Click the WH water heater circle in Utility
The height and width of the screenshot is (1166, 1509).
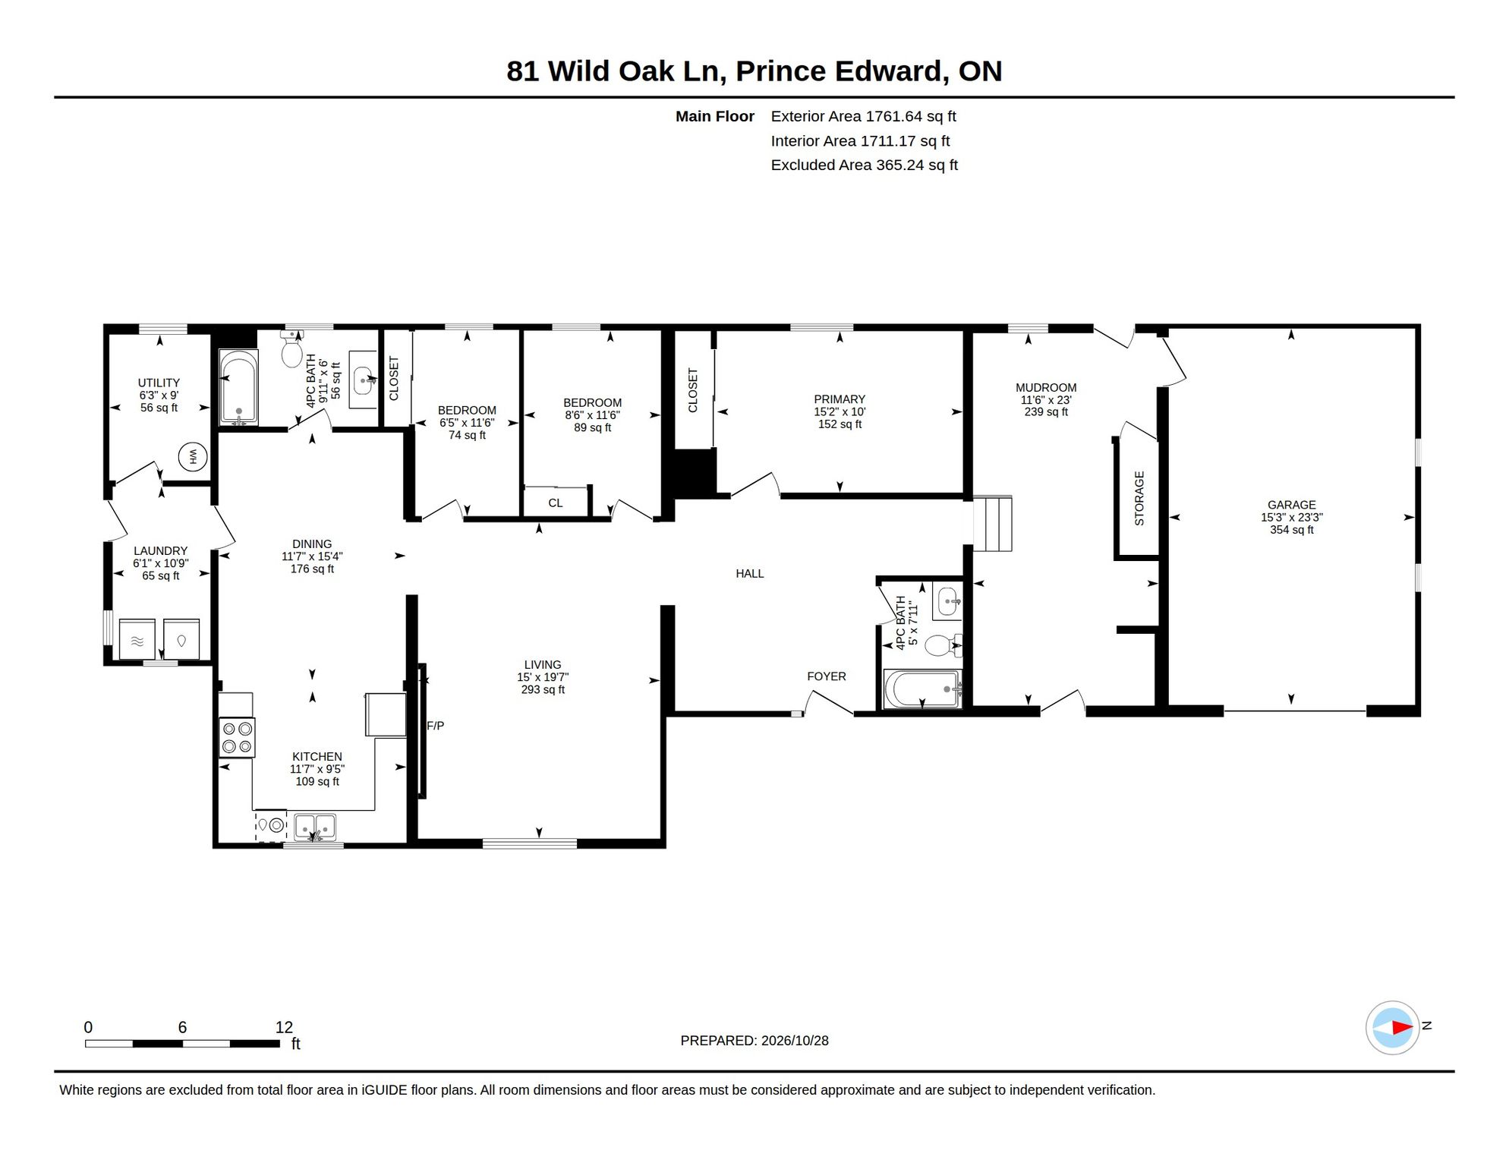click(x=193, y=457)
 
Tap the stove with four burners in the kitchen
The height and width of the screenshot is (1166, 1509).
click(x=237, y=737)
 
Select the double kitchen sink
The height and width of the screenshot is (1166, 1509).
click(x=315, y=826)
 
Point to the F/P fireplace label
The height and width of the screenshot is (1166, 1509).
click(x=435, y=726)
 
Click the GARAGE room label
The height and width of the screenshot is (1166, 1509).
click(x=1291, y=505)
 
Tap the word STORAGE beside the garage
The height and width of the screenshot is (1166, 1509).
click(x=1139, y=498)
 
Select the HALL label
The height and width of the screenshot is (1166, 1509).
click(x=749, y=574)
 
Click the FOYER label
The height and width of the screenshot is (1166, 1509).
click(x=826, y=676)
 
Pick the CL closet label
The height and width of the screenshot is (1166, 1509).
click(x=555, y=503)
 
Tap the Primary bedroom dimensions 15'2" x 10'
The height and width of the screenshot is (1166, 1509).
click(x=840, y=411)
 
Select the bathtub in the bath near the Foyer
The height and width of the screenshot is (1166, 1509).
click(x=921, y=689)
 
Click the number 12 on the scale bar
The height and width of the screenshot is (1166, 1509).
click(x=284, y=1027)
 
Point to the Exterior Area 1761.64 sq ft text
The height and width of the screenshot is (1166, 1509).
click(x=863, y=116)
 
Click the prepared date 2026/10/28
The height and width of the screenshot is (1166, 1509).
click(x=795, y=1041)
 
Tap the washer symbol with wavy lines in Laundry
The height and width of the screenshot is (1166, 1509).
click(x=137, y=639)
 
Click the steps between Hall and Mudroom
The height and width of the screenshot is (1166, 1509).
click(x=993, y=523)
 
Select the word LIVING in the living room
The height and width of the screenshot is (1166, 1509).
click(x=542, y=664)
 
